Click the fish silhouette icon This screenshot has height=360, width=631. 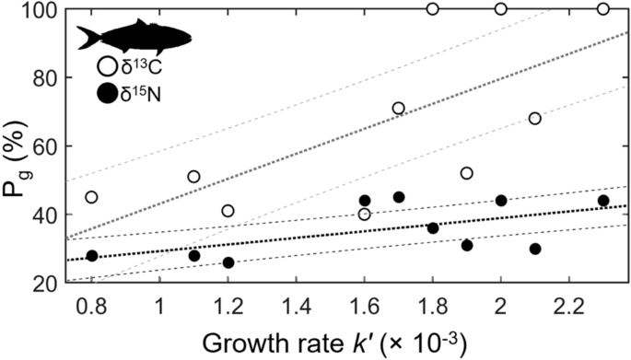tap(134, 38)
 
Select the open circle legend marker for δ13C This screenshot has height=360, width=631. tap(107, 66)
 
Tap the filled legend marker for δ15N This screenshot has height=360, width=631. tap(107, 92)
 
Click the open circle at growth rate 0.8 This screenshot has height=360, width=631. tap(91, 197)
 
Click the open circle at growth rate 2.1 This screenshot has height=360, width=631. tap(534, 118)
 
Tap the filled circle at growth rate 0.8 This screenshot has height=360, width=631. tap(91, 255)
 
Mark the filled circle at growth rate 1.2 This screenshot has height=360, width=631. tap(228, 262)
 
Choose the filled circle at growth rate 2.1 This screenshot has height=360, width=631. tap(534, 249)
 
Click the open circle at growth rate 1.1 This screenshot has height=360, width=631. tap(193, 177)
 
